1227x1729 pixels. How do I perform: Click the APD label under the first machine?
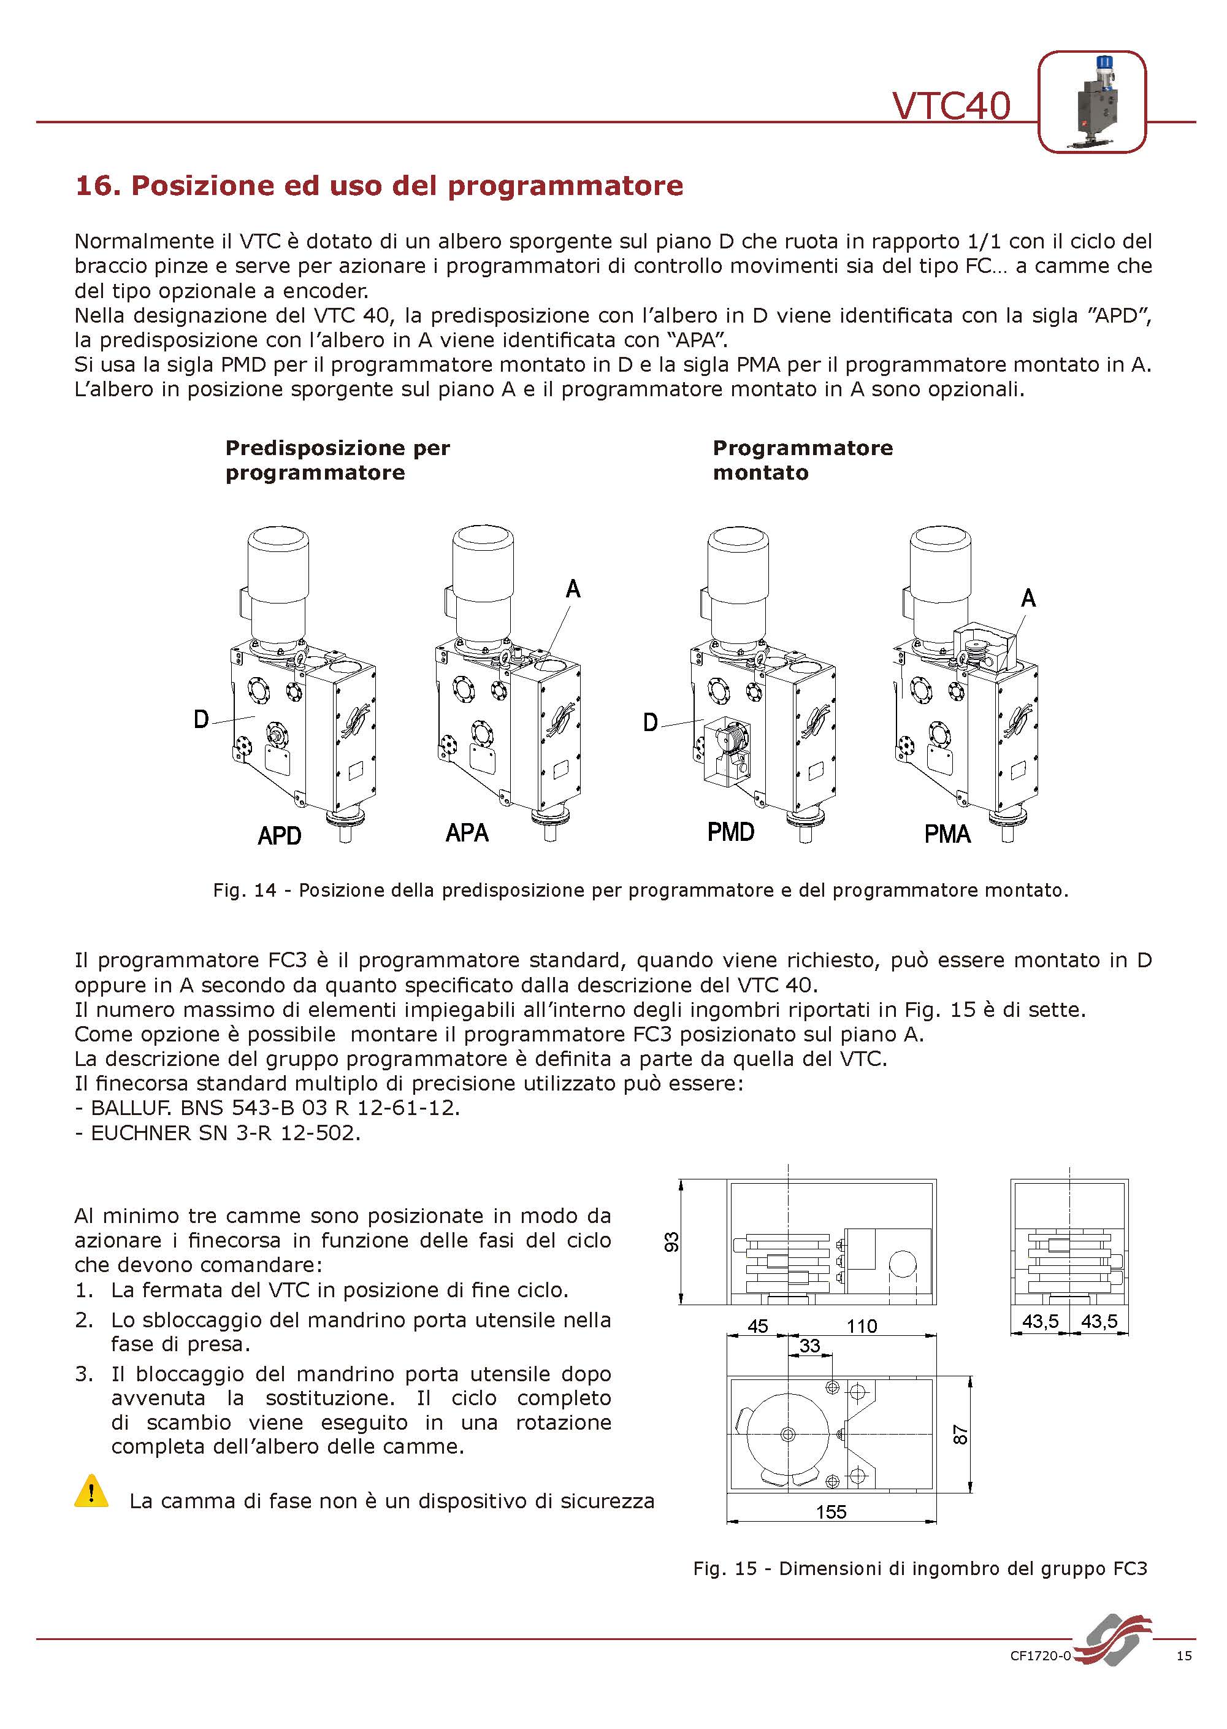tap(280, 836)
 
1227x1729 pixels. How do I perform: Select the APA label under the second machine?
tap(467, 833)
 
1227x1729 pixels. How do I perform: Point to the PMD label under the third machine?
tap(730, 832)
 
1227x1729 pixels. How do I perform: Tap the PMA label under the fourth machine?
tap(947, 834)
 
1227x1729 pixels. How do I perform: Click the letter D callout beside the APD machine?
tap(201, 719)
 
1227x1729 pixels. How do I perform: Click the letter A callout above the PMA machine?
tap(1028, 599)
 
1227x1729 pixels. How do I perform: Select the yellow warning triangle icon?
tap(91, 1491)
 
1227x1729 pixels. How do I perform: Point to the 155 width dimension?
tap(831, 1511)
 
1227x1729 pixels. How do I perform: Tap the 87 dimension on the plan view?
tap(960, 1434)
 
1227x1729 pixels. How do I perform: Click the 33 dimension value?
tap(809, 1345)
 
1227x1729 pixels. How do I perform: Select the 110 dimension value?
tap(862, 1325)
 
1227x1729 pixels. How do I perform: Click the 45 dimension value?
tap(757, 1325)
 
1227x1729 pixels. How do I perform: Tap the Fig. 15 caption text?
tap(920, 1568)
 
